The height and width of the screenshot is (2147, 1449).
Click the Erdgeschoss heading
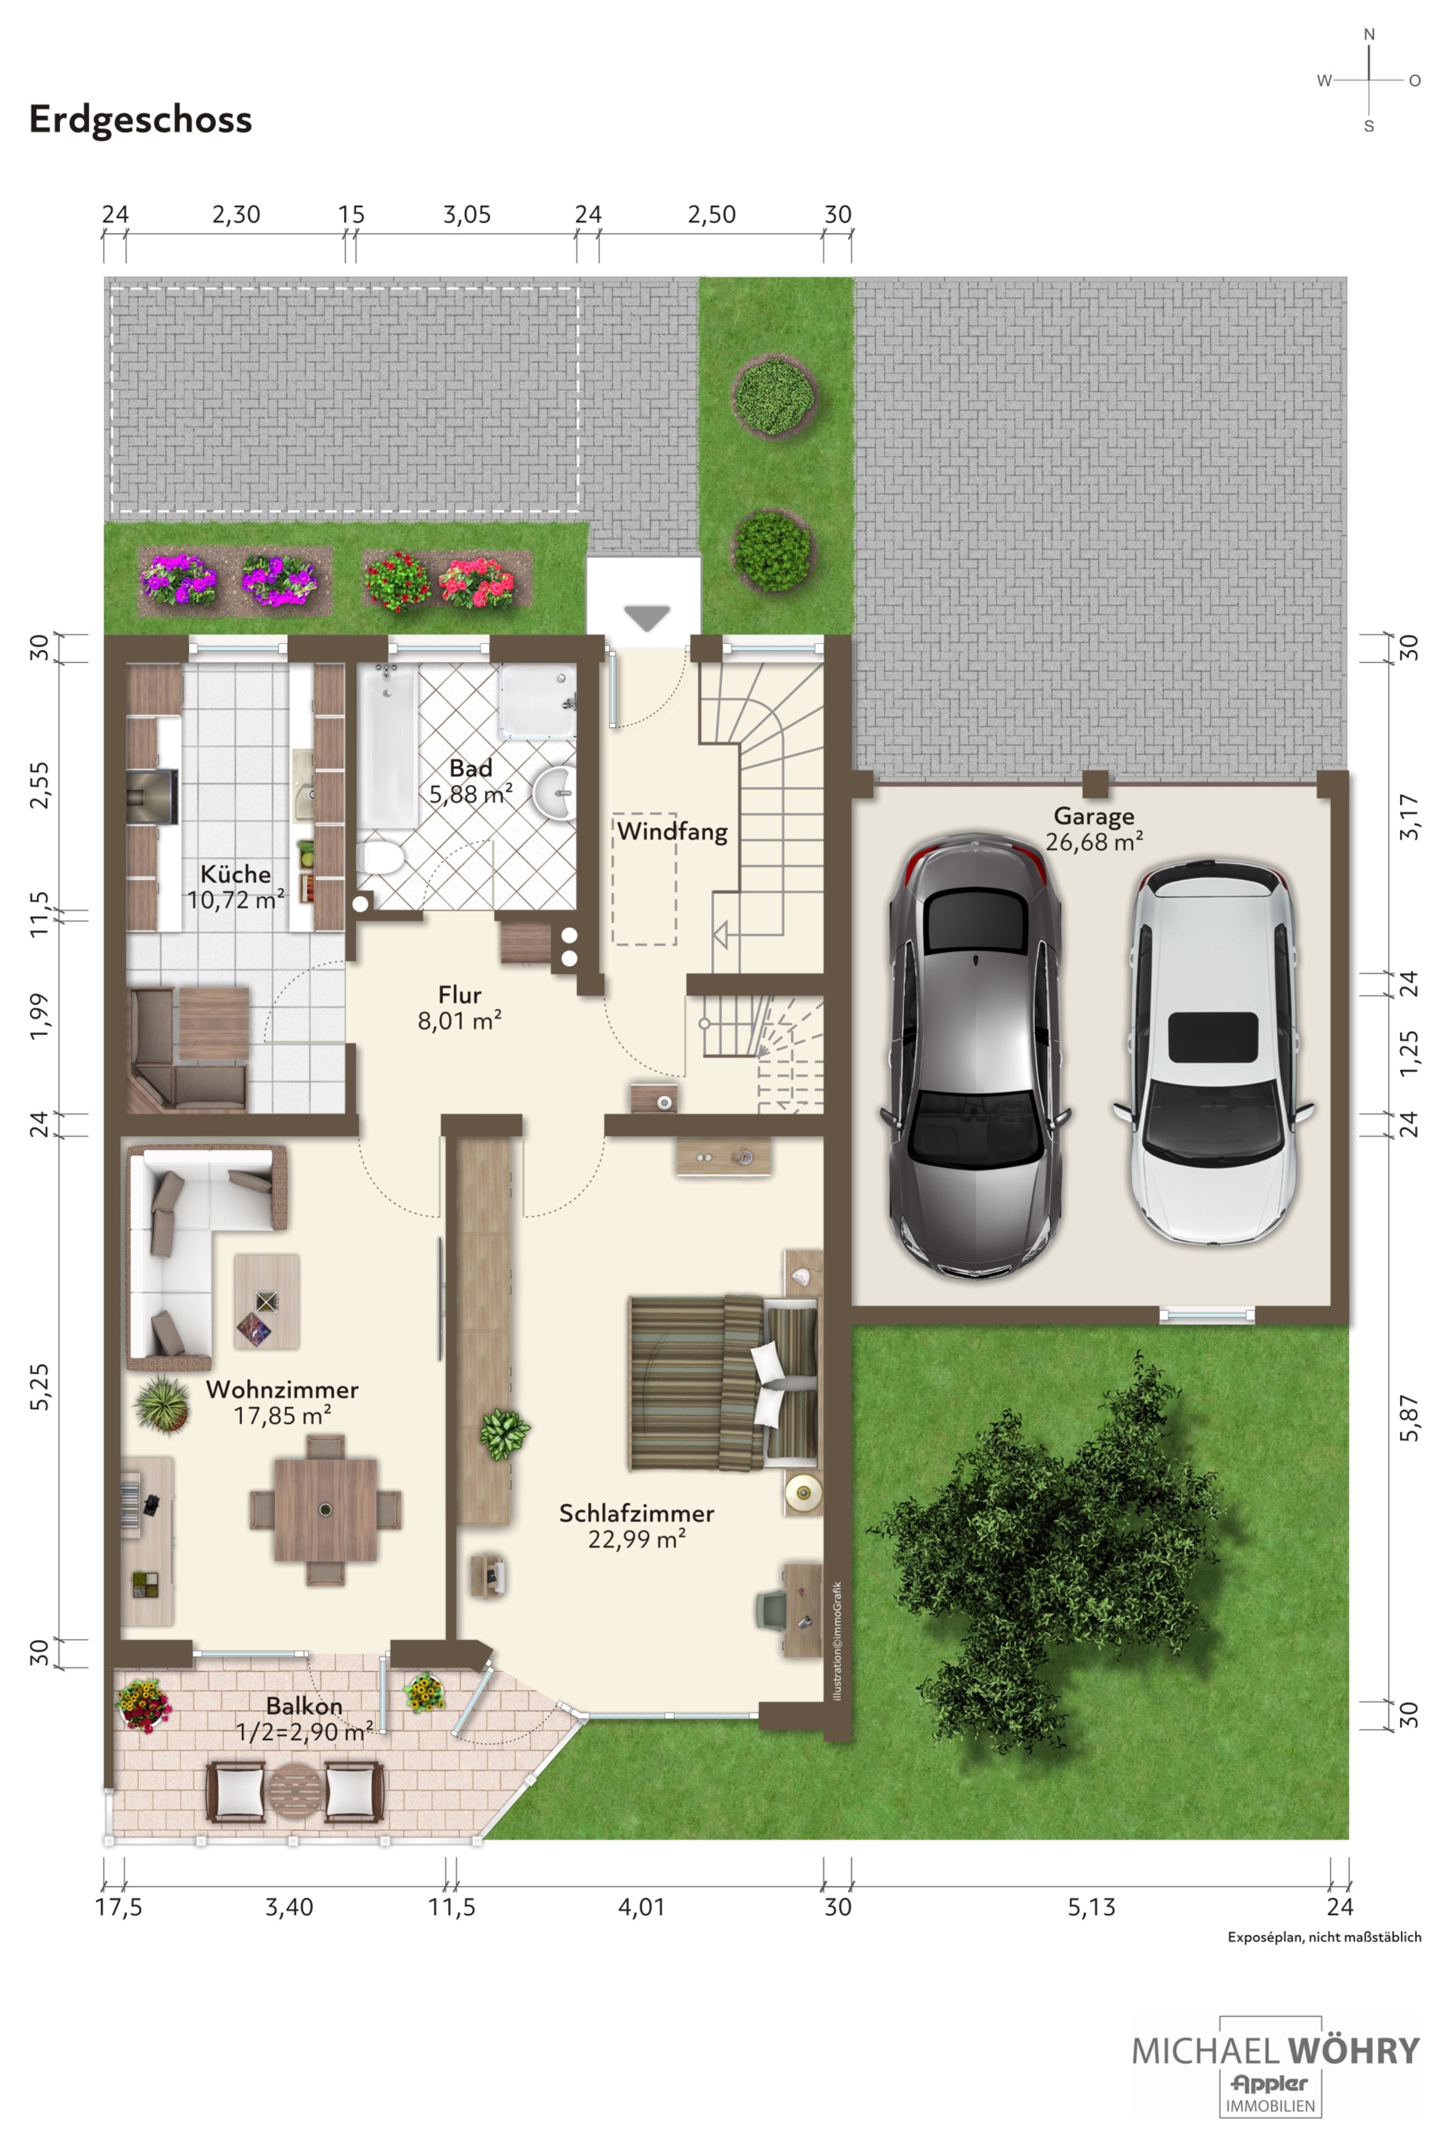[140, 120]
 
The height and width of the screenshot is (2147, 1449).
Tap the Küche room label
[235, 874]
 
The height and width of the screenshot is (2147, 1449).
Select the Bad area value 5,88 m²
[471, 794]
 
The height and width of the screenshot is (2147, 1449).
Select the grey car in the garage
[975, 1056]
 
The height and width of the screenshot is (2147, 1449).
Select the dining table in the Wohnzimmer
[325, 1509]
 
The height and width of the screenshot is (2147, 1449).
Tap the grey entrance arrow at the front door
[646, 618]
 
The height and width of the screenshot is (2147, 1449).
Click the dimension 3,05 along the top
[466, 215]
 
